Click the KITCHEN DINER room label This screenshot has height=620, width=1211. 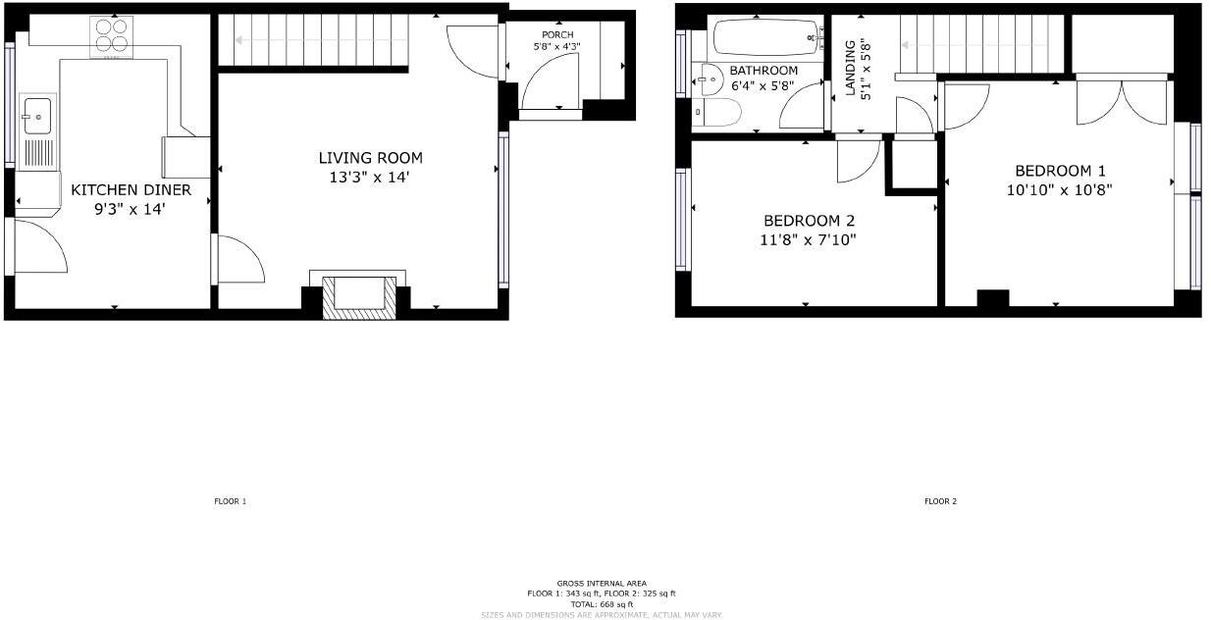[x=131, y=189]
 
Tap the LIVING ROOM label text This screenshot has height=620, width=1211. [x=370, y=158]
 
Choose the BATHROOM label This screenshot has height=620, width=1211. [x=763, y=71]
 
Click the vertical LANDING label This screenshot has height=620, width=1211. [x=850, y=69]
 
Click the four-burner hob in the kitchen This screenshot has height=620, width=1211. [x=112, y=37]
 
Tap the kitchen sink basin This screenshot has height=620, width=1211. [x=37, y=116]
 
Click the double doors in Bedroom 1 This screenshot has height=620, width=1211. [x=1125, y=102]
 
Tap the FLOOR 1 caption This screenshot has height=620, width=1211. [x=231, y=501]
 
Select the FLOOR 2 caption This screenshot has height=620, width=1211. [x=939, y=501]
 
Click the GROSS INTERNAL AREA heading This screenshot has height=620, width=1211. [x=602, y=584]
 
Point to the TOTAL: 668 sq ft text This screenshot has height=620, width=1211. [x=602, y=604]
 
